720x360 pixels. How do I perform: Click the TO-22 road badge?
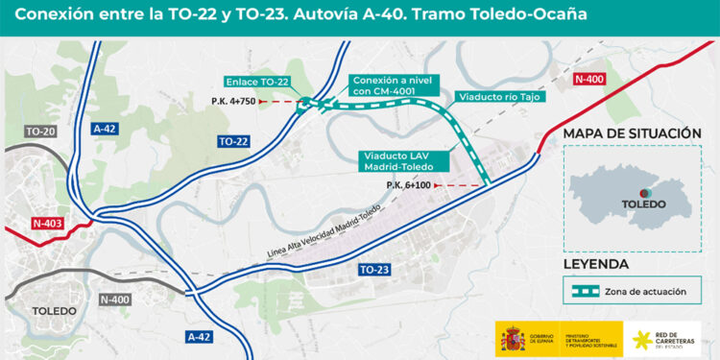click(233, 141)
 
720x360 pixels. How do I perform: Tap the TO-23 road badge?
click(373, 271)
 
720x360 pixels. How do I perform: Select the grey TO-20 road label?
click(41, 132)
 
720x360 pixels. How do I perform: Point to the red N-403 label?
click(46, 224)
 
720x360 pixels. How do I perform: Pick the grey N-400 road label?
click(115, 299)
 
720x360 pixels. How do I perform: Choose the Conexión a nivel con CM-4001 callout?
click(395, 85)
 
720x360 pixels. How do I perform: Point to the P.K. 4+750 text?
click(230, 101)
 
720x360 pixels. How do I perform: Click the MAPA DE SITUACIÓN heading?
click(632, 132)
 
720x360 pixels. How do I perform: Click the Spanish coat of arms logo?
click(510, 338)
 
